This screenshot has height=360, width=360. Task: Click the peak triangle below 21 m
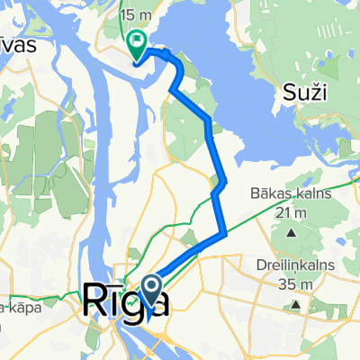(292, 233)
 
